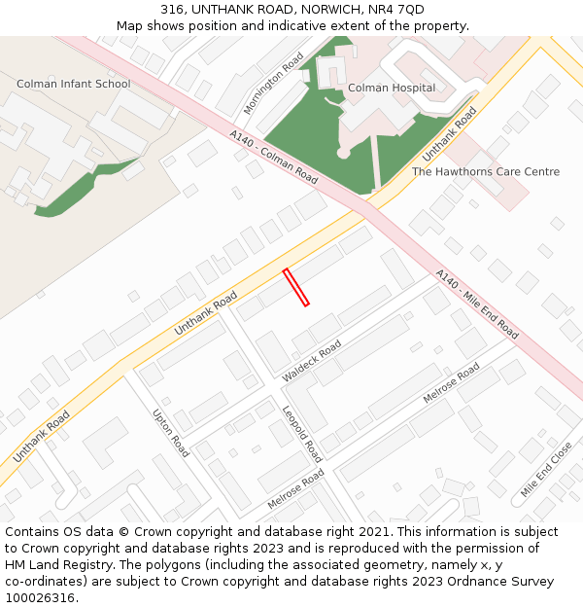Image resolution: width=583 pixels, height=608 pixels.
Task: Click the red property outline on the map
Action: pyautogui.click(x=295, y=288)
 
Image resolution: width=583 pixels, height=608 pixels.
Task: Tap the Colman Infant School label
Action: pyautogui.click(x=73, y=85)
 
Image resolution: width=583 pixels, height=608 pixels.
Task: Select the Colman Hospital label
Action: pyautogui.click(x=392, y=89)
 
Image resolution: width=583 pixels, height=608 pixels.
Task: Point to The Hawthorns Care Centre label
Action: pyautogui.click(x=486, y=172)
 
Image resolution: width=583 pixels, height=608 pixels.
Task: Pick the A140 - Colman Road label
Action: pyautogui.click(x=274, y=157)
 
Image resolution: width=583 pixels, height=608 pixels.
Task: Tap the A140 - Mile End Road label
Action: pyautogui.click(x=476, y=304)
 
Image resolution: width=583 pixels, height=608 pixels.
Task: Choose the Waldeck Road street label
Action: pyautogui.click(x=312, y=361)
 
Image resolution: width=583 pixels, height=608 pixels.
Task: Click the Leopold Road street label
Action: pyautogui.click(x=301, y=434)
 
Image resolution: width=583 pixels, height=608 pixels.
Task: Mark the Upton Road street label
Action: pyautogui.click(x=171, y=433)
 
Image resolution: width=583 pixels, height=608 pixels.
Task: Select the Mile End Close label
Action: pyautogui.click(x=546, y=470)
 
